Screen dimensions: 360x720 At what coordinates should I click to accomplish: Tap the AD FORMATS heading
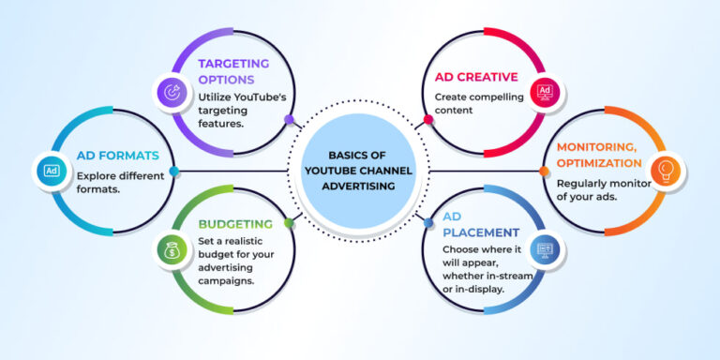[118, 155]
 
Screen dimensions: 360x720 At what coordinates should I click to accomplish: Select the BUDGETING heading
[235, 224]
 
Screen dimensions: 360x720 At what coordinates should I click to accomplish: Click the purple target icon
[172, 91]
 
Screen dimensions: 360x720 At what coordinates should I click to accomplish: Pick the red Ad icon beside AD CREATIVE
[544, 91]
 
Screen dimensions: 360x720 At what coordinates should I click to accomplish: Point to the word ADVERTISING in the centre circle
[360, 186]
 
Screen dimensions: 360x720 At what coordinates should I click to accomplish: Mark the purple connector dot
[289, 120]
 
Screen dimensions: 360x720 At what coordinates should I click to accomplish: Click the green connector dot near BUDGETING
[289, 223]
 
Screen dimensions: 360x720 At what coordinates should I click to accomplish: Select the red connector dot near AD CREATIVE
[428, 120]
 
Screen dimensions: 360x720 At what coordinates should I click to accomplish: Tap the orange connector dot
[544, 171]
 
